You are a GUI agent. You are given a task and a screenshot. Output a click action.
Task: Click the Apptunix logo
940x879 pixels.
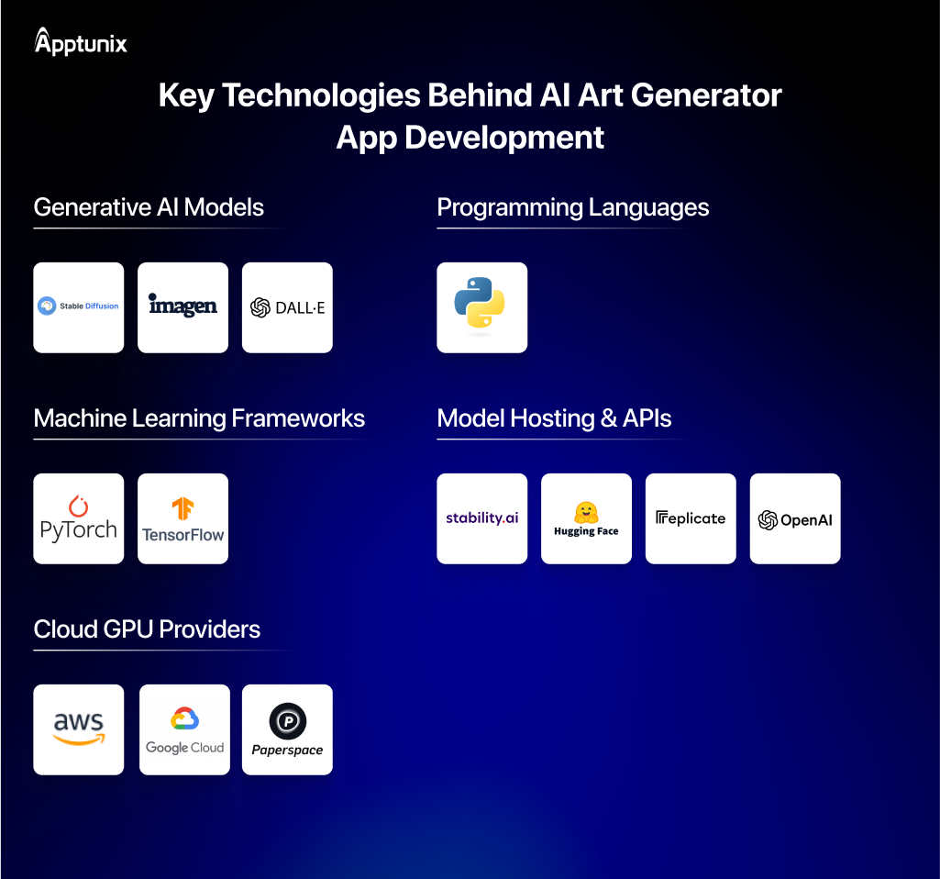(x=81, y=42)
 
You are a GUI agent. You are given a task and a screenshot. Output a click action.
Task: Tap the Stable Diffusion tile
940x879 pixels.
(x=79, y=307)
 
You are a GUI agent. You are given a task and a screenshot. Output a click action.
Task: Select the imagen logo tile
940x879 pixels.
(x=183, y=307)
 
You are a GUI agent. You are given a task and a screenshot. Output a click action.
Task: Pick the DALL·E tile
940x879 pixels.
(x=287, y=307)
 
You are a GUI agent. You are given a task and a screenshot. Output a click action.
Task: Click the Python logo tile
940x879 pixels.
(x=481, y=307)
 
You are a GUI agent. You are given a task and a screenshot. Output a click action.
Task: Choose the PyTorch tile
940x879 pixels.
(x=79, y=518)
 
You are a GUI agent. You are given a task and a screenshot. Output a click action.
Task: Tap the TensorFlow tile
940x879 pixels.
(x=183, y=518)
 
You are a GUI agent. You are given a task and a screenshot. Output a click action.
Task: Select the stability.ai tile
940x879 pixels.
(x=481, y=518)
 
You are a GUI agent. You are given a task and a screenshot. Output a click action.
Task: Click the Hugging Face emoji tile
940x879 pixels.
(x=586, y=518)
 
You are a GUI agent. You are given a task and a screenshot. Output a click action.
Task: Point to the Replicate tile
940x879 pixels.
(x=691, y=518)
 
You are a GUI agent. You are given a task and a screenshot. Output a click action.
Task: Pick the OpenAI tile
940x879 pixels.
(x=795, y=518)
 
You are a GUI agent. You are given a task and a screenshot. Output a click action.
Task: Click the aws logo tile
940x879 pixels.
(x=79, y=729)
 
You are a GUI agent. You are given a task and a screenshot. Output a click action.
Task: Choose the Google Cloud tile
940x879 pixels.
(x=184, y=729)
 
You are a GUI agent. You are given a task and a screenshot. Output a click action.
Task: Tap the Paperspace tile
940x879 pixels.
(x=287, y=729)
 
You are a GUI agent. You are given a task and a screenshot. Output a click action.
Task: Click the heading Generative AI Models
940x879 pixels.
(x=149, y=207)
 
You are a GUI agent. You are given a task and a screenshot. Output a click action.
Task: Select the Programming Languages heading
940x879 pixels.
(x=572, y=207)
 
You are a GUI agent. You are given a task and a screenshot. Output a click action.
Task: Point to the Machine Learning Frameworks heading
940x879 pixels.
(x=199, y=418)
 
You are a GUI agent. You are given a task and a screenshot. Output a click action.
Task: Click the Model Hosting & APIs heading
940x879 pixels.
(x=554, y=418)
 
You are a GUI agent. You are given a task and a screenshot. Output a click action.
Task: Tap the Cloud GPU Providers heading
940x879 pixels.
(x=147, y=629)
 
